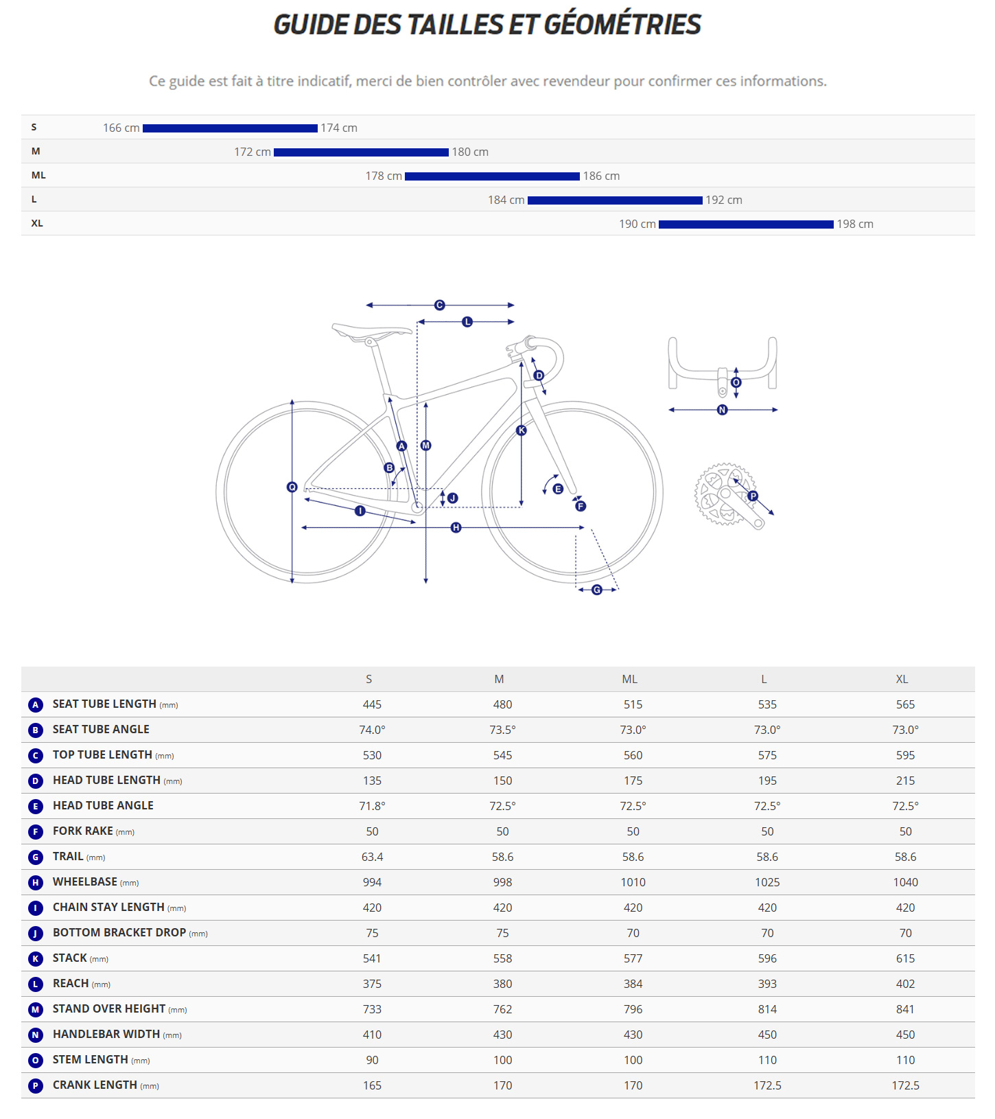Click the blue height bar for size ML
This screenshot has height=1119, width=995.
point(492,176)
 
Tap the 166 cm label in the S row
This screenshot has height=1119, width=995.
point(121,128)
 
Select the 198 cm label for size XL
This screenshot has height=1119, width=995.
point(854,224)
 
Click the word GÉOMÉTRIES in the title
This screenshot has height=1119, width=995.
point(622,25)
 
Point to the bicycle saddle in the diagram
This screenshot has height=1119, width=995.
point(371,332)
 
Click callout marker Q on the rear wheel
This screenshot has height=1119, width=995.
point(292,487)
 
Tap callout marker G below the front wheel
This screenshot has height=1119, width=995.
point(596,590)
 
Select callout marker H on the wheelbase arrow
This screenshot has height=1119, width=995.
point(456,527)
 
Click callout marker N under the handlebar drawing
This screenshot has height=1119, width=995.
point(722,410)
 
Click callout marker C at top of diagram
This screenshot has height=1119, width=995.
point(440,305)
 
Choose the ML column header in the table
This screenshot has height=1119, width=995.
point(629,679)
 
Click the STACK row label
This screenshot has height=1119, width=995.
point(70,958)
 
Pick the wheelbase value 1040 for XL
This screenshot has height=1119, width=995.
point(904,882)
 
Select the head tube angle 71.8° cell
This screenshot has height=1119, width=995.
point(372,806)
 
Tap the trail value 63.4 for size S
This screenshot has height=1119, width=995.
point(372,857)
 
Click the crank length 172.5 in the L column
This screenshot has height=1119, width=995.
point(766,1085)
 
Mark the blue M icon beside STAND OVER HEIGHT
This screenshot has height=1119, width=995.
point(36,1009)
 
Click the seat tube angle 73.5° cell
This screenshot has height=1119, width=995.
point(502,730)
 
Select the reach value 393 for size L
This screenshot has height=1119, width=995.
point(766,984)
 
